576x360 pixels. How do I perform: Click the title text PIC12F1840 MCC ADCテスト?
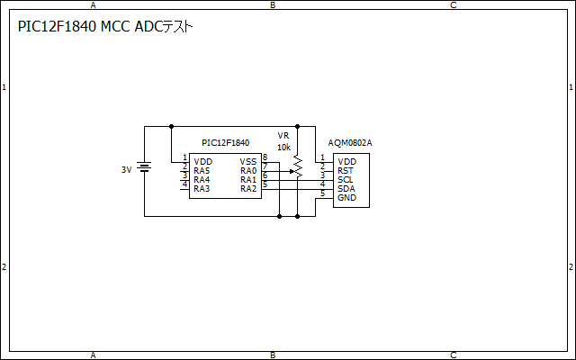(x=106, y=27)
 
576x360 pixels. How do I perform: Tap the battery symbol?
(x=145, y=167)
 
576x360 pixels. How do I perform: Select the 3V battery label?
(x=127, y=169)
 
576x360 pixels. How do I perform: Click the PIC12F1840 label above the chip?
(x=225, y=142)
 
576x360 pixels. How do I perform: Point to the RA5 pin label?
(x=202, y=170)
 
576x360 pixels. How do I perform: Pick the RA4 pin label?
(x=202, y=179)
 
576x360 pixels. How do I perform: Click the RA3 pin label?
(x=202, y=189)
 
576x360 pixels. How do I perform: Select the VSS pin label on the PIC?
(x=248, y=161)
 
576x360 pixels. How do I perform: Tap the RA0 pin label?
(x=248, y=170)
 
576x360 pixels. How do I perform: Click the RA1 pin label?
(x=248, y=179)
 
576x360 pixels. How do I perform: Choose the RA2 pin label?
(x=248, y=189)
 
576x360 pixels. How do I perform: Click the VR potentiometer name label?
(x=283, y=135)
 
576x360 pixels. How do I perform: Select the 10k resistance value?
(x=283, y=147)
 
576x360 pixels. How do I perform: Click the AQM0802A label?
(x=350, y=143)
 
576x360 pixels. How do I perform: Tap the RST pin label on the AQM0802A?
(x=346, y=170)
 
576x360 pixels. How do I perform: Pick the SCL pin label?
(x=346, y=179)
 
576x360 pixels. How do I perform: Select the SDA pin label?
(x=346, y=188)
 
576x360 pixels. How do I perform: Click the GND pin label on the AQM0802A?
(x=346, y=197)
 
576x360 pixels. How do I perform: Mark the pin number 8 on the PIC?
(x=265, y=157)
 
